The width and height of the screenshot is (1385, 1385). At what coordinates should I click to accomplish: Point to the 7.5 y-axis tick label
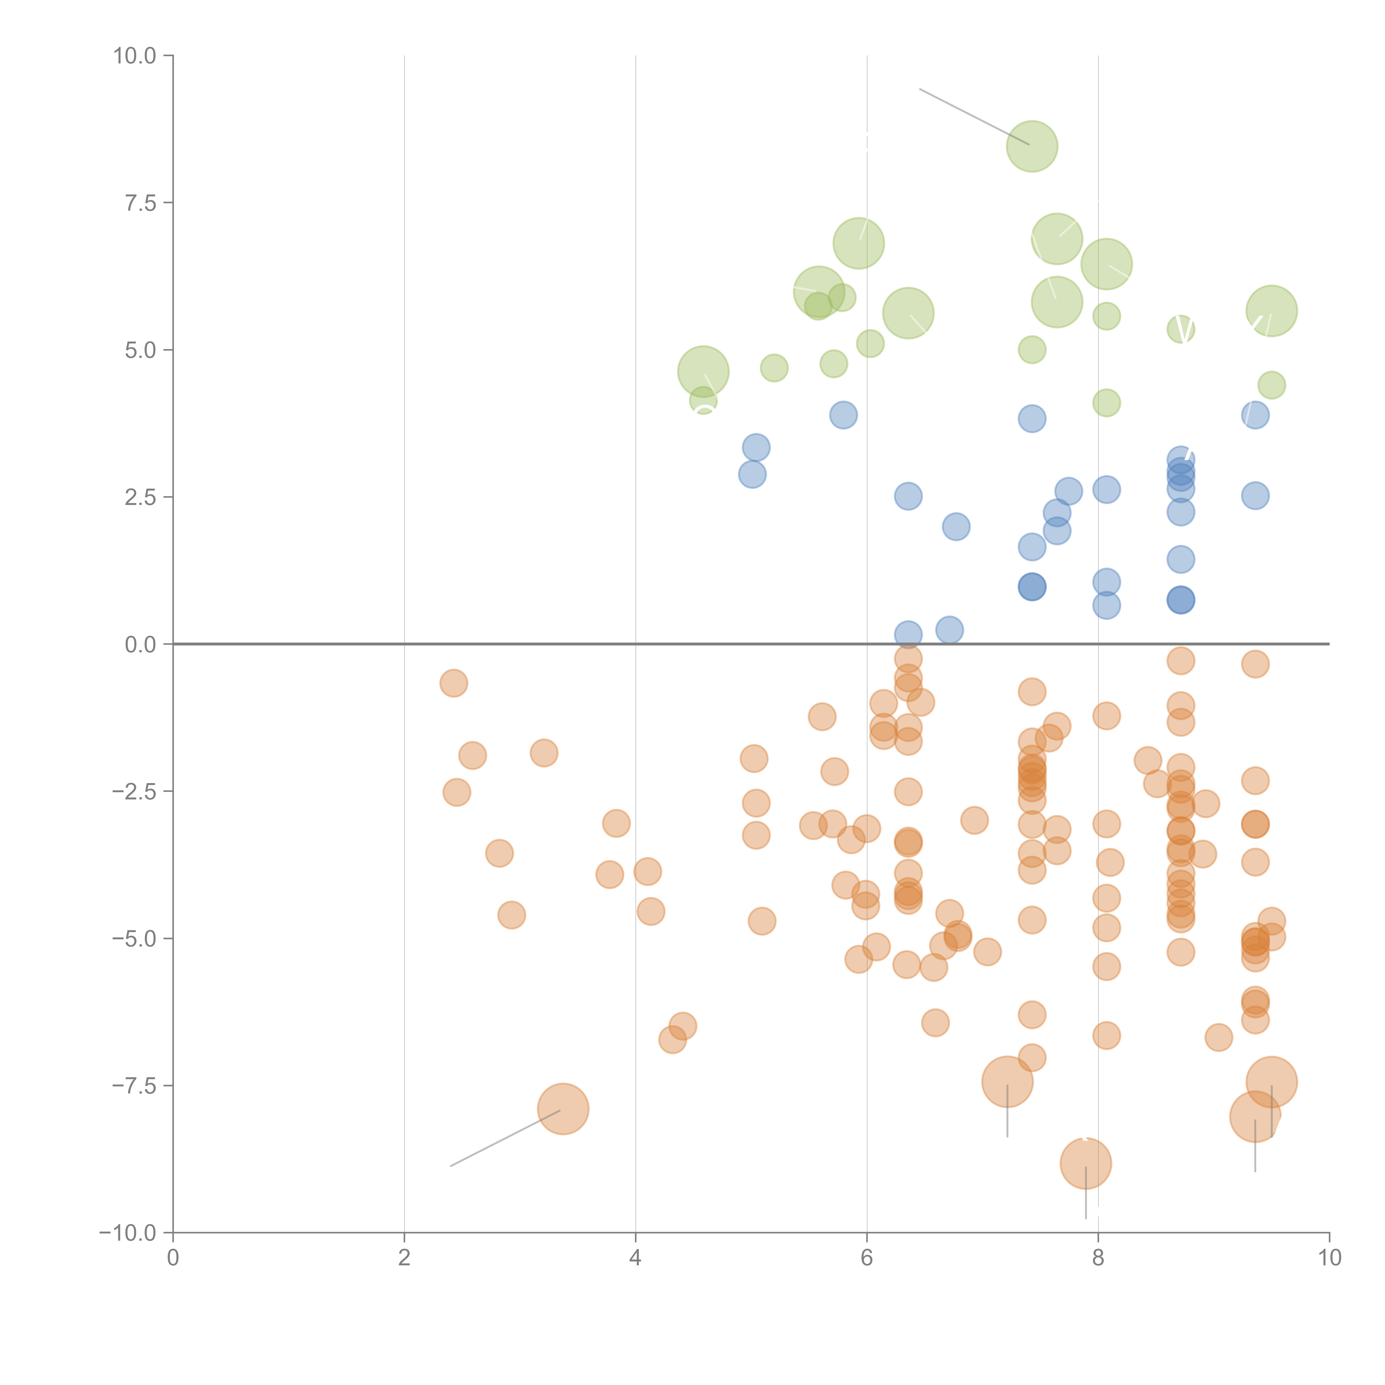140,203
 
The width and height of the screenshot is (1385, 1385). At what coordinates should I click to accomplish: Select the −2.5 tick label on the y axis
133,791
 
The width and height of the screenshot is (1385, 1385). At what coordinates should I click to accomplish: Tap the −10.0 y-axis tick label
128,1233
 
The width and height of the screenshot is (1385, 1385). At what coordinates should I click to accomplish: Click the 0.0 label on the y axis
140,645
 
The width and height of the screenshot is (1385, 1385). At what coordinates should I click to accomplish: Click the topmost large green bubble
1032,146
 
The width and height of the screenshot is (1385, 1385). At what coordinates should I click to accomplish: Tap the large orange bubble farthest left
563,1109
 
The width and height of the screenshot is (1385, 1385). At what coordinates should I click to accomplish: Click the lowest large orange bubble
1085,1163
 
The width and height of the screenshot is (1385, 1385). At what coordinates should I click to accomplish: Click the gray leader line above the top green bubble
973,116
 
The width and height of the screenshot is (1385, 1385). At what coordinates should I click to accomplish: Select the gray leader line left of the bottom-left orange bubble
506,1138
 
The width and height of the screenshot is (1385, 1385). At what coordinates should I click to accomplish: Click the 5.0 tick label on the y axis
140,350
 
